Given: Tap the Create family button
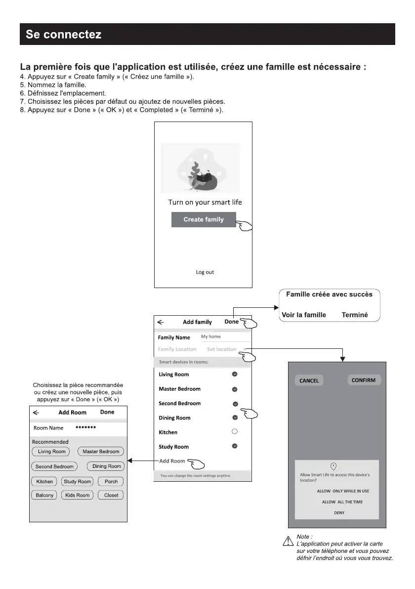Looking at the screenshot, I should point(204,219).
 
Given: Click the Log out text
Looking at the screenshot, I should point(205,272).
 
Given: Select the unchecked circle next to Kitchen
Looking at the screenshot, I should point(235,431).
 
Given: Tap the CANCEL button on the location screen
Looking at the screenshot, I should point(309,380).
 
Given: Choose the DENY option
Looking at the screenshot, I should point(339,513).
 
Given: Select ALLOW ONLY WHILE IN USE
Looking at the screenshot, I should point(343,491).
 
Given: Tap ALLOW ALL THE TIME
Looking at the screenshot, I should point(342,502).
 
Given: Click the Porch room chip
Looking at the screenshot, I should point(111,482).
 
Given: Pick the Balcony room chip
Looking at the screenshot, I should point(44,495).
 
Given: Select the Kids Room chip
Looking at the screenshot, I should point(78,495).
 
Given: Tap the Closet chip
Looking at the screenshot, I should point(111,495).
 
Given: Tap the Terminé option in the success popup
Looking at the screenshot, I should point(355,315).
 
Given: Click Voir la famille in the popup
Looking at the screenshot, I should point(304,315).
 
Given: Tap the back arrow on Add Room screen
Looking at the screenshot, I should point(36,412).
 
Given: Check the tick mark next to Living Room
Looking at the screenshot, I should point(235,374).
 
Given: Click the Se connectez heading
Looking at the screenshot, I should point(64,35).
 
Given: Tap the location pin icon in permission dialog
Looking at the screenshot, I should point(333,466).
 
